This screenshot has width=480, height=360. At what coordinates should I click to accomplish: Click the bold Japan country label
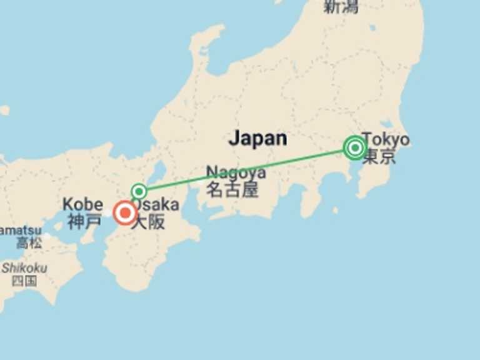[257, 138]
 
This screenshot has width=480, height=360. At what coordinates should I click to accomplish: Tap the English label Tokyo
[386, 139]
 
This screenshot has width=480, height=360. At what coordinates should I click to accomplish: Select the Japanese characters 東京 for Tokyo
[379, 156]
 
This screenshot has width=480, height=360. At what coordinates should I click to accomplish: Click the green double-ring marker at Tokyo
[355, 148]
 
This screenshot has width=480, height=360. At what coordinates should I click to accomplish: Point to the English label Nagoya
[236, 172]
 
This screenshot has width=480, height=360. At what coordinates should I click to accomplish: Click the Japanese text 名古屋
[232, 189]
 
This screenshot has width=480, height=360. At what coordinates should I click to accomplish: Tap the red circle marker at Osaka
[125, 213]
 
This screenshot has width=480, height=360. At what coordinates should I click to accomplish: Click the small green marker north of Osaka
[139, 191]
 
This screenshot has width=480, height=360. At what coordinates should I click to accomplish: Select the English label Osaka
[156, 205]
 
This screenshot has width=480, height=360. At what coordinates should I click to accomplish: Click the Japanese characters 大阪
[148, 222]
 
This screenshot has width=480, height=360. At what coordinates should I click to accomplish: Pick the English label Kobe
[82, 204]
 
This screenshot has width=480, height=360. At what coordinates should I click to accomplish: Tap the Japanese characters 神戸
[84, 221]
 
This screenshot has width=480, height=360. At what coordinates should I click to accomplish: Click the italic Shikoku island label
[24, 267]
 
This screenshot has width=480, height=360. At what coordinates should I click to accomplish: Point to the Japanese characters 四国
[24, 281]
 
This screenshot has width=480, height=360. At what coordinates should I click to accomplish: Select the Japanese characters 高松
[29, 243]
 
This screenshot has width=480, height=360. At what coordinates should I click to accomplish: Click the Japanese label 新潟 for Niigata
[340, 7]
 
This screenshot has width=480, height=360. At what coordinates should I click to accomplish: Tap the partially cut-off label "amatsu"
[19, 230]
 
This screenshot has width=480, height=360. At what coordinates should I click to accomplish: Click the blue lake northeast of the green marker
[159, 172]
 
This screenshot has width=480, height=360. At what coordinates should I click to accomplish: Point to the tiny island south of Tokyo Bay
[337, 210]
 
